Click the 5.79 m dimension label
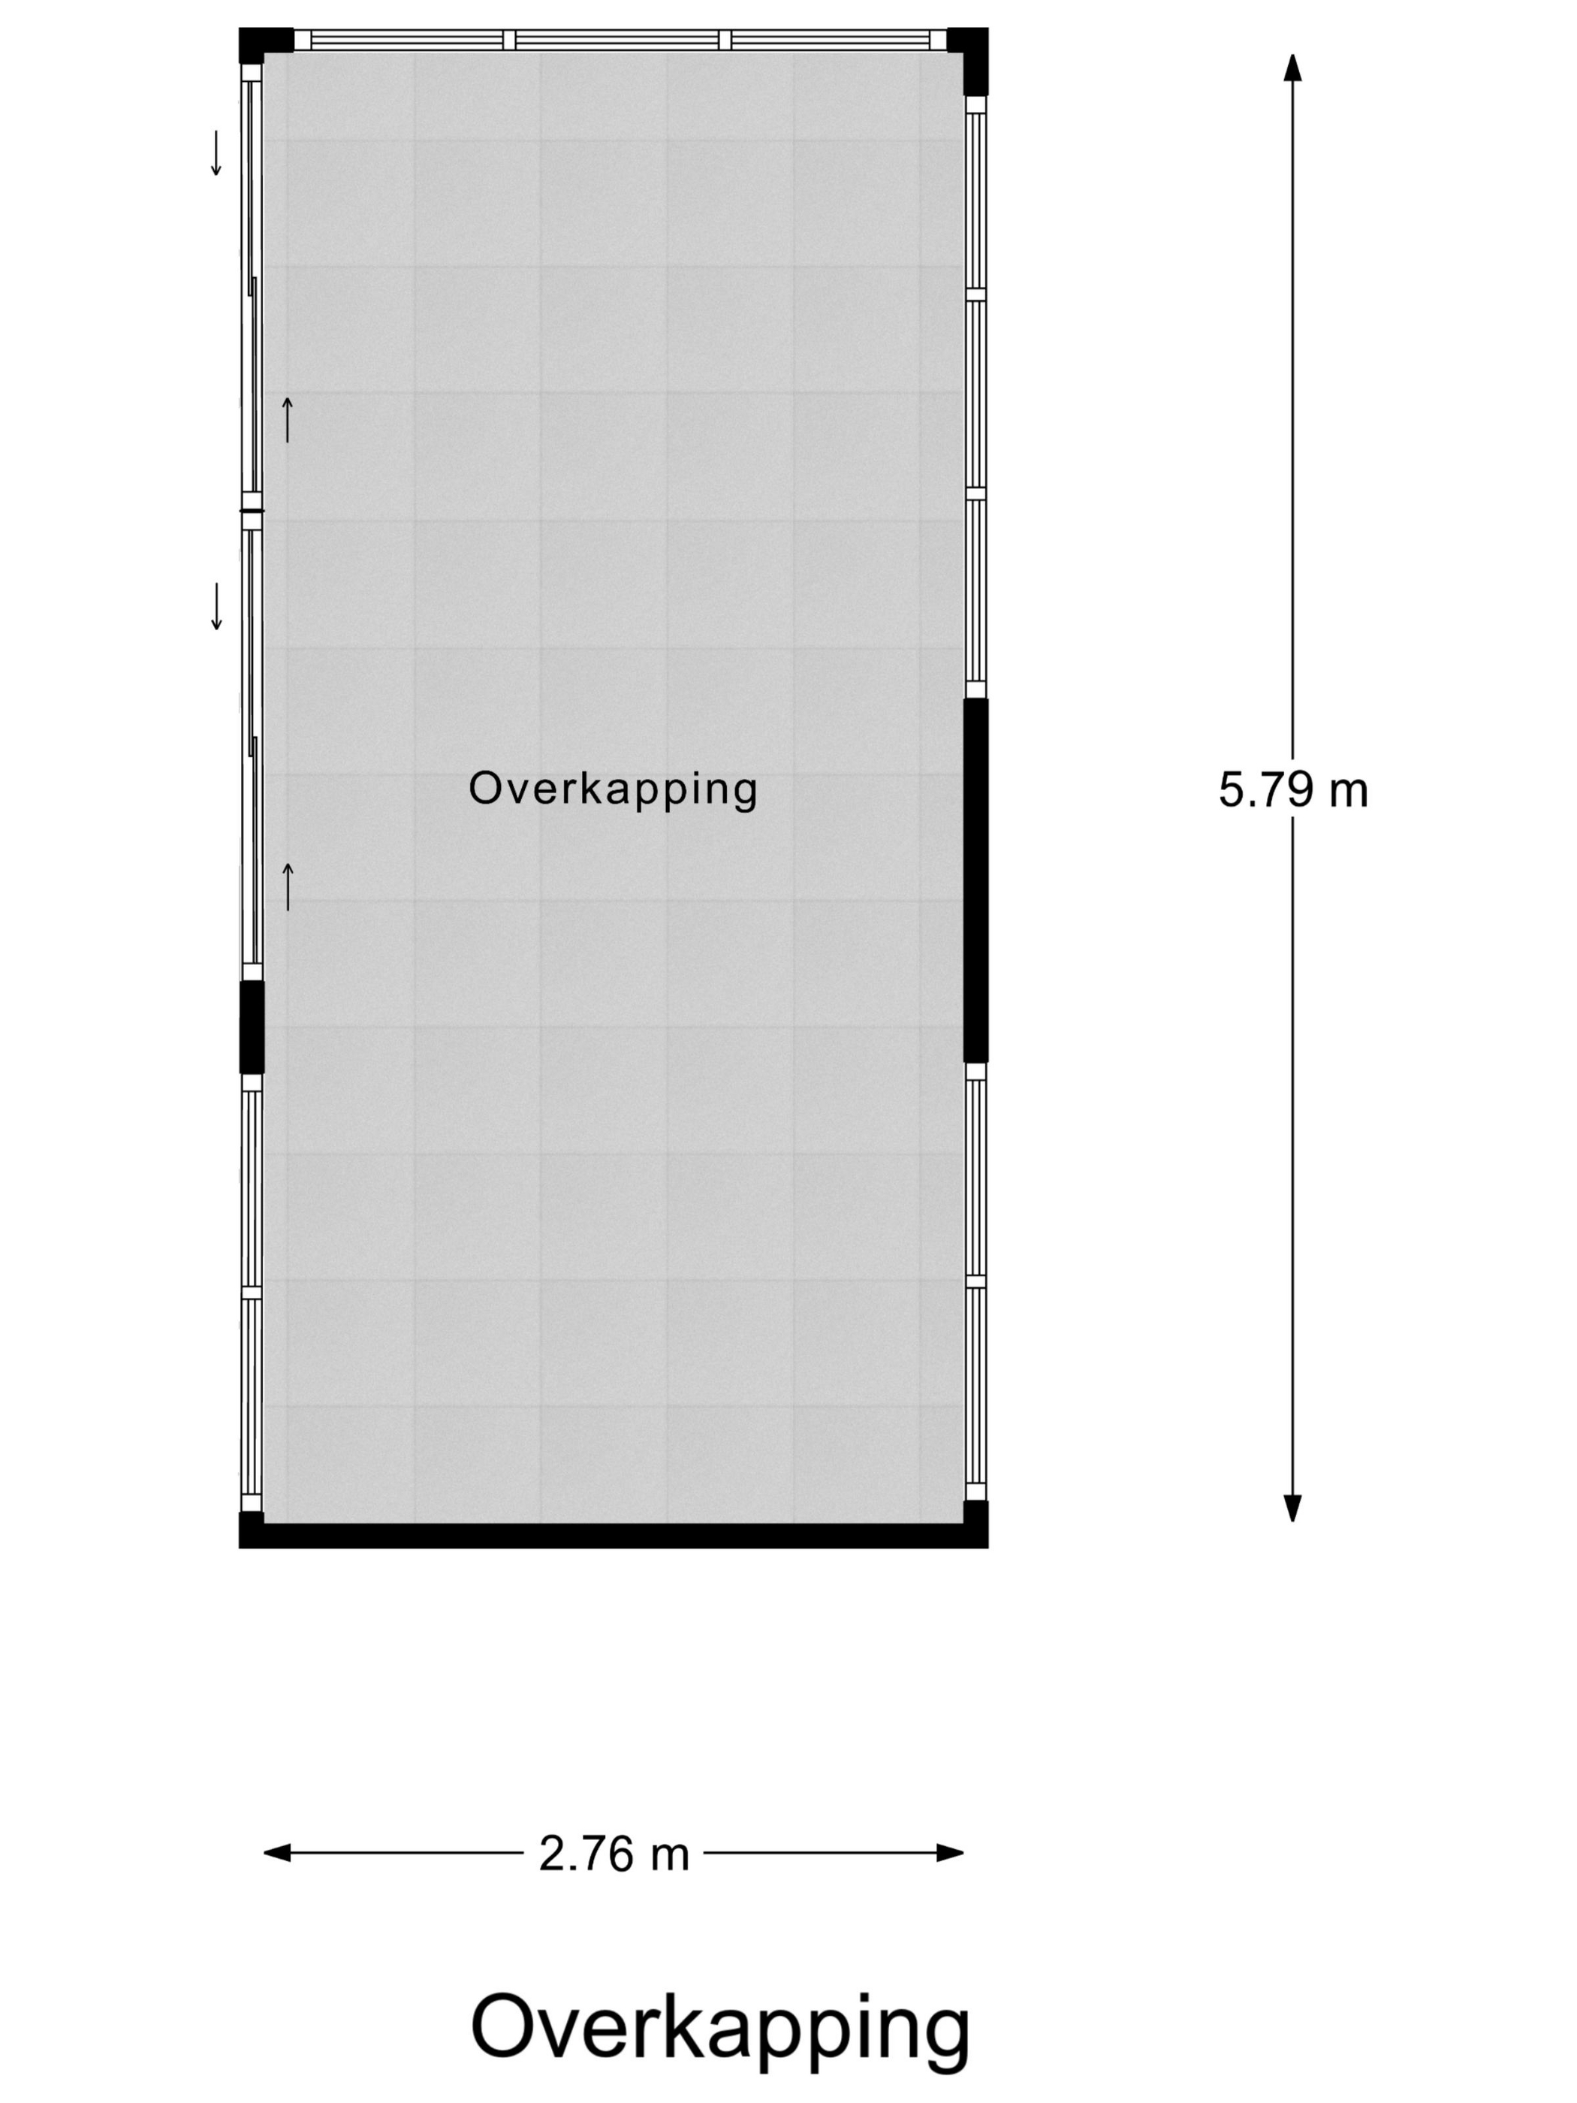(1293, 790)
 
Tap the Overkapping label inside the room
(613, 789)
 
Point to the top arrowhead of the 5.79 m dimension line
(1292, 67)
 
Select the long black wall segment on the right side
(976, 880)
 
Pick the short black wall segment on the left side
(251, 1027)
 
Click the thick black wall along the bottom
(613, 1535)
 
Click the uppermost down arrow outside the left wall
(216, 153)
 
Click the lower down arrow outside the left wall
(216, 607)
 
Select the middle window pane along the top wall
(617, 39)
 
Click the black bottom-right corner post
(976, 1523)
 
